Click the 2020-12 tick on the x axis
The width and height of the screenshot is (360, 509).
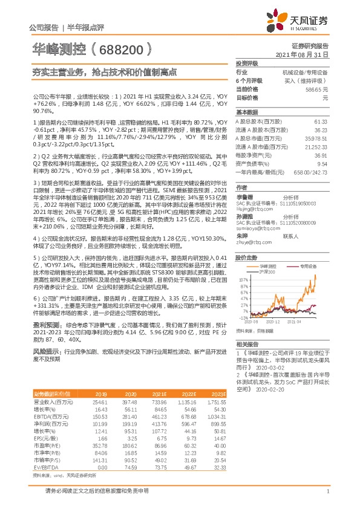pyautogui.click(x=275, y=322)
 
